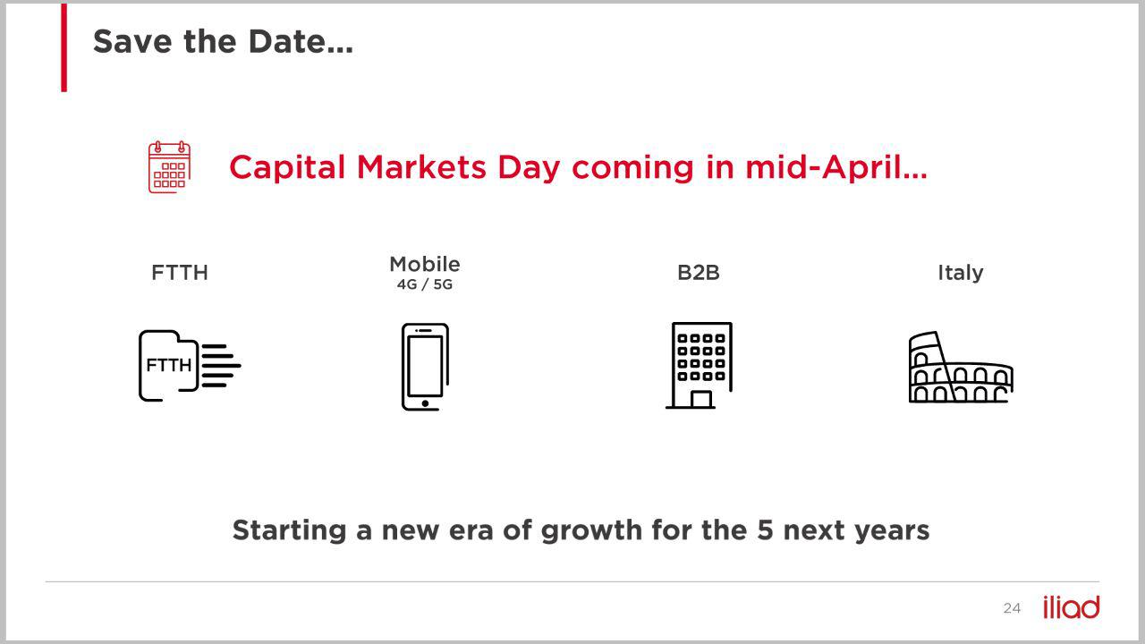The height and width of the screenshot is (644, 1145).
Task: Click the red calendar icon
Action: [169, 167]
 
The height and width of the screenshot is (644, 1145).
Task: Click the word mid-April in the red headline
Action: [836, 167]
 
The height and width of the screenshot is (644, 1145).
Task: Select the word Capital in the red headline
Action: [287, 168]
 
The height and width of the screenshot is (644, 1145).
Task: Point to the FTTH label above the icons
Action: [180, 273]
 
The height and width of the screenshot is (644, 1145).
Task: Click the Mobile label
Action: [425, 264]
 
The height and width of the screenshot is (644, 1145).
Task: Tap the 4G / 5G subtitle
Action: [425, 284]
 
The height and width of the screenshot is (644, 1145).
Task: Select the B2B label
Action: [699, 273]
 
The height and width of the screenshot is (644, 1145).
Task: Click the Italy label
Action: [961, 273]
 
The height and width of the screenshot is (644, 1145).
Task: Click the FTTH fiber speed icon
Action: [189, 366]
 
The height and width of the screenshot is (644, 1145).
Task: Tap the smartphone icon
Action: [425, 367]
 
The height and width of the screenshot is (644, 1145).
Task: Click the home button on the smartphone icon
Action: [425, 403]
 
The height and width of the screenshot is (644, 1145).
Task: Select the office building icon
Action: [700, 366]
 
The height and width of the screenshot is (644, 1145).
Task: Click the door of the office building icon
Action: [700, 399]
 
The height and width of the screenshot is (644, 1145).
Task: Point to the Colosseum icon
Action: [961, 367]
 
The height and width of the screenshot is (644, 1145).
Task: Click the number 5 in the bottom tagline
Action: [765, 530]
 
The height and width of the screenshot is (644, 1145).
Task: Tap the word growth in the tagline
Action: [592, 530]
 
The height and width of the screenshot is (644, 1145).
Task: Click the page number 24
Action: [1012, 608]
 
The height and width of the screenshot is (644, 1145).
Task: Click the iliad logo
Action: [1072, 607]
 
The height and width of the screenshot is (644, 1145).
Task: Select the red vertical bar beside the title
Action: [64, 47]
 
